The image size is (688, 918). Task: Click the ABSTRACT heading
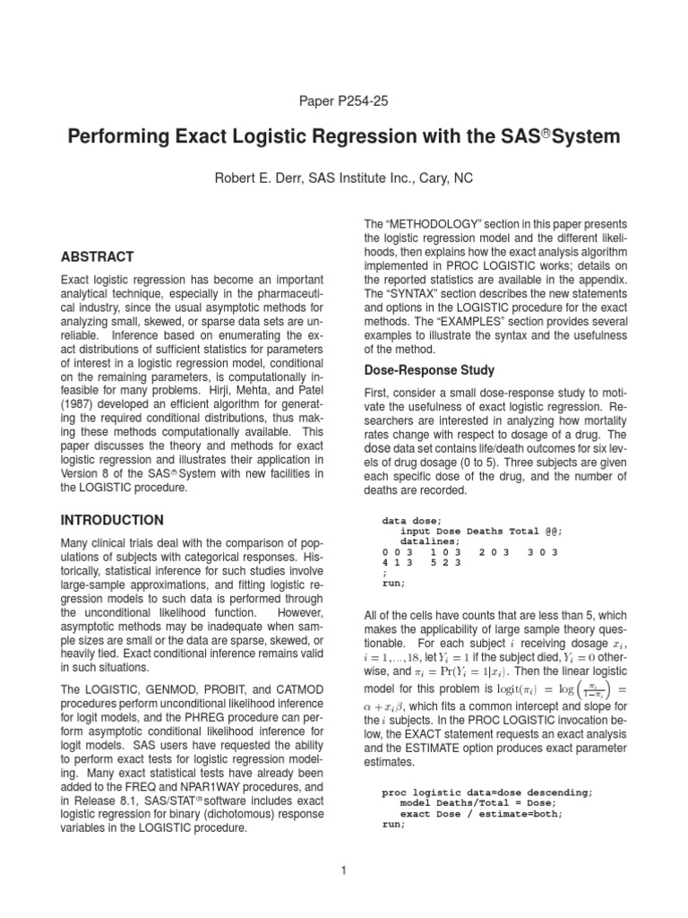[97, 256]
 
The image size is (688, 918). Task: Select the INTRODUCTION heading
[111, 520]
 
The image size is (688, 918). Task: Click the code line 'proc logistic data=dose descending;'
[486, 793]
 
